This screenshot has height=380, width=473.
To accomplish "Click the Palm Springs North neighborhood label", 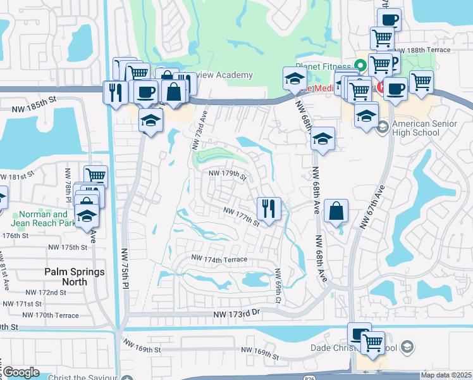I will coord(65,277).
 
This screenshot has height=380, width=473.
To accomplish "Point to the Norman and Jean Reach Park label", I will coord(43,218).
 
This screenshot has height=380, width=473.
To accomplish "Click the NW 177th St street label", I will coord(240,216).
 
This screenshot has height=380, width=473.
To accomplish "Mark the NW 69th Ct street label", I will coord(278,284).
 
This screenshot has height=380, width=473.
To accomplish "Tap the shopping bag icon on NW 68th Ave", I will coord(336,210).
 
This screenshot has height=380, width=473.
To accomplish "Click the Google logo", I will coord(21,372).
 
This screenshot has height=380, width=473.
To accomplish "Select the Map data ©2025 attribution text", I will coord(446,375).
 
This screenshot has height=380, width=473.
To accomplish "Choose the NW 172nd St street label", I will coord(46,293).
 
